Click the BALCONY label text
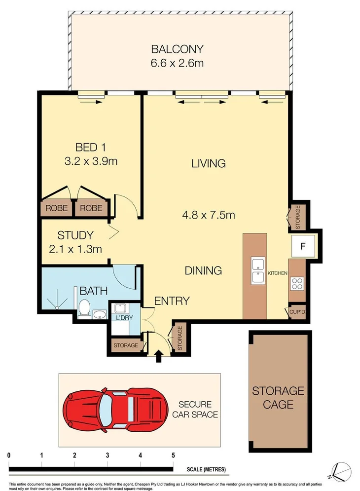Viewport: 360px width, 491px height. pos(177,49)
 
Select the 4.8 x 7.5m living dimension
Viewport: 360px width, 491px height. pos(208,215)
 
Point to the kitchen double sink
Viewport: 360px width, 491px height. pos(257,271)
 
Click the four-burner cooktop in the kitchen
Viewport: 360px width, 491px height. pos(298,283)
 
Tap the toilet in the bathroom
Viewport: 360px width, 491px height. pos(84,309)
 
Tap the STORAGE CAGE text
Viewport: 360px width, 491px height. pos(278,398)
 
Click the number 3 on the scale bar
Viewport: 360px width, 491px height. pos(107,454)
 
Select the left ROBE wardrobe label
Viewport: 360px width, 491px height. pos(57,208)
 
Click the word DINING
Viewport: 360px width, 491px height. pos(203,270)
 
